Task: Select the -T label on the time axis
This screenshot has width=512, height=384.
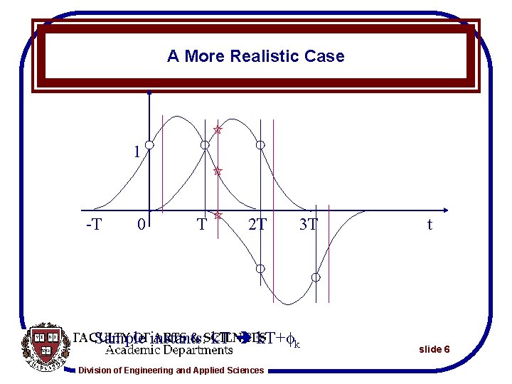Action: click(x=93, y=225)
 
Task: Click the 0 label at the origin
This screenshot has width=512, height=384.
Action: click(x=142, y=225)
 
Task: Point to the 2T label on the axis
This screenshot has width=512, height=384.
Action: click(x=257, y=225)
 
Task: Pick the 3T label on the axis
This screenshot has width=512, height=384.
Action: click(x=308, y=225)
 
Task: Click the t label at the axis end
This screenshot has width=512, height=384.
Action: click(x=430, y=225)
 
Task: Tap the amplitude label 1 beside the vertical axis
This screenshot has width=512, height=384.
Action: click(x=137, y=151)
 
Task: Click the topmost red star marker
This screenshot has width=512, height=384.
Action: click(x=218, y=129)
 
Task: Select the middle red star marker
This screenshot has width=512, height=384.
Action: click(x=218, y=171)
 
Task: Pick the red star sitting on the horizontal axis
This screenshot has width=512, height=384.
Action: click(x=218, y=213)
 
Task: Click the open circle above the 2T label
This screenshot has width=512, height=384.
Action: click(x=261, y=145)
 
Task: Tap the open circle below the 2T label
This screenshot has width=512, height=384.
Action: click(x=261, y=268)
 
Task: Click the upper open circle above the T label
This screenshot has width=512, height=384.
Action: click(x=205, y=145)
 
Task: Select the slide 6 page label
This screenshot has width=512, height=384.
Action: click(x=434, y=349)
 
